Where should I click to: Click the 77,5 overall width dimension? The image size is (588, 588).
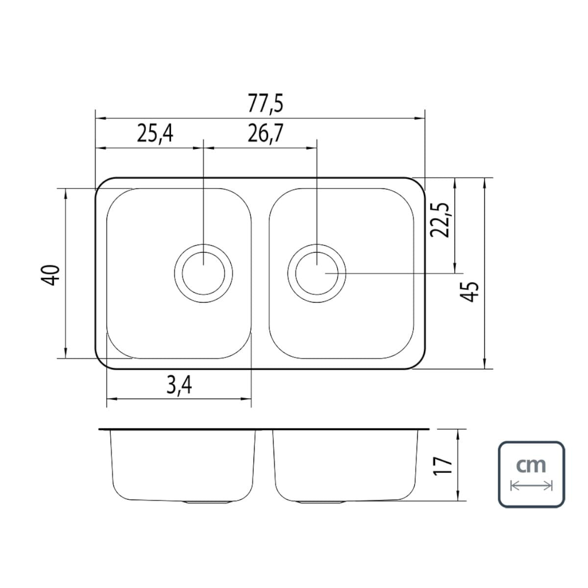[265, 104]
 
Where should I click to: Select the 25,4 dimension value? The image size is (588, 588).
[155, 134]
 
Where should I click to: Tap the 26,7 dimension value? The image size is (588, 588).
[266, 134]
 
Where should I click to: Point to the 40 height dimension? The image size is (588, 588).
[50, 275]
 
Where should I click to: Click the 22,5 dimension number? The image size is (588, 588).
[440, 220]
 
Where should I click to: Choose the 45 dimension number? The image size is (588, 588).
[469, 292]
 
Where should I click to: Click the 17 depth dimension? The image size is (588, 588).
[442, 465]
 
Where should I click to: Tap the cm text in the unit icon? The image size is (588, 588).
[531, 465]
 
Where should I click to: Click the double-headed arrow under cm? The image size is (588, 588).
[531, 486]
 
